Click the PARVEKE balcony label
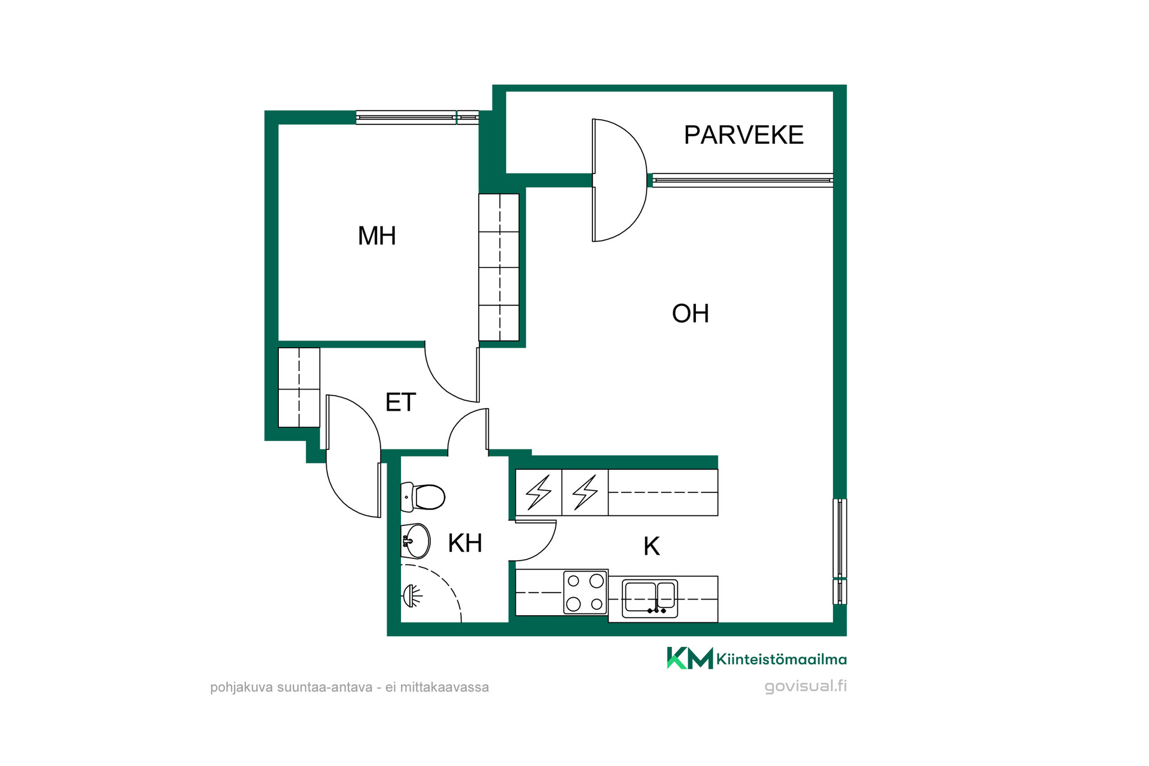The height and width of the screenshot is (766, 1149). (x=743, y=135)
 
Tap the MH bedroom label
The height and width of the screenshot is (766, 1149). (x=377, y=236)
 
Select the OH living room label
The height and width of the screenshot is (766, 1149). (x=691, y=314)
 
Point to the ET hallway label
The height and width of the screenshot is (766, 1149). (x=400, y=402)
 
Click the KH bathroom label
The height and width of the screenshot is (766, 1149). (x=465, y=543)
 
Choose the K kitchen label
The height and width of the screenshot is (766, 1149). (x=652, y=546)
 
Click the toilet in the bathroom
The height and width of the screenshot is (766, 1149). (x=422, y=497)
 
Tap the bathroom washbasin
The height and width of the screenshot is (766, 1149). (x=415, y=541)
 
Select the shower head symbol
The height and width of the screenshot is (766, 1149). (x=412, y=595)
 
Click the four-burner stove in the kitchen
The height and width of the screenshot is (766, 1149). (x=585, y=592)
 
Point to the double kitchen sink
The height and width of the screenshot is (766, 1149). (x=650, y=598)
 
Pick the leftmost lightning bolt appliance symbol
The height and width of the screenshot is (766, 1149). (x=539, y=493)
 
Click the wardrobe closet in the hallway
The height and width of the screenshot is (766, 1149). (x=299, y=387)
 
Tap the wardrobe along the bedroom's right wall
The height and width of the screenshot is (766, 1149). (x=499, y=268)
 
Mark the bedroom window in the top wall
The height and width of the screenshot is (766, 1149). (x=417, y=117)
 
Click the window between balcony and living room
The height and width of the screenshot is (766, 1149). (x=743, y=180)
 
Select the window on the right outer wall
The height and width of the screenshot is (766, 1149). (x=840, y=551)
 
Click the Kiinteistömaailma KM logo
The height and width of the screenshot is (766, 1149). (x=757, y=658)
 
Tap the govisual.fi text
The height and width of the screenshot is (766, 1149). (x=805, y=686)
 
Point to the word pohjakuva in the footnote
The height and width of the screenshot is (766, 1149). (x=241, y=688)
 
